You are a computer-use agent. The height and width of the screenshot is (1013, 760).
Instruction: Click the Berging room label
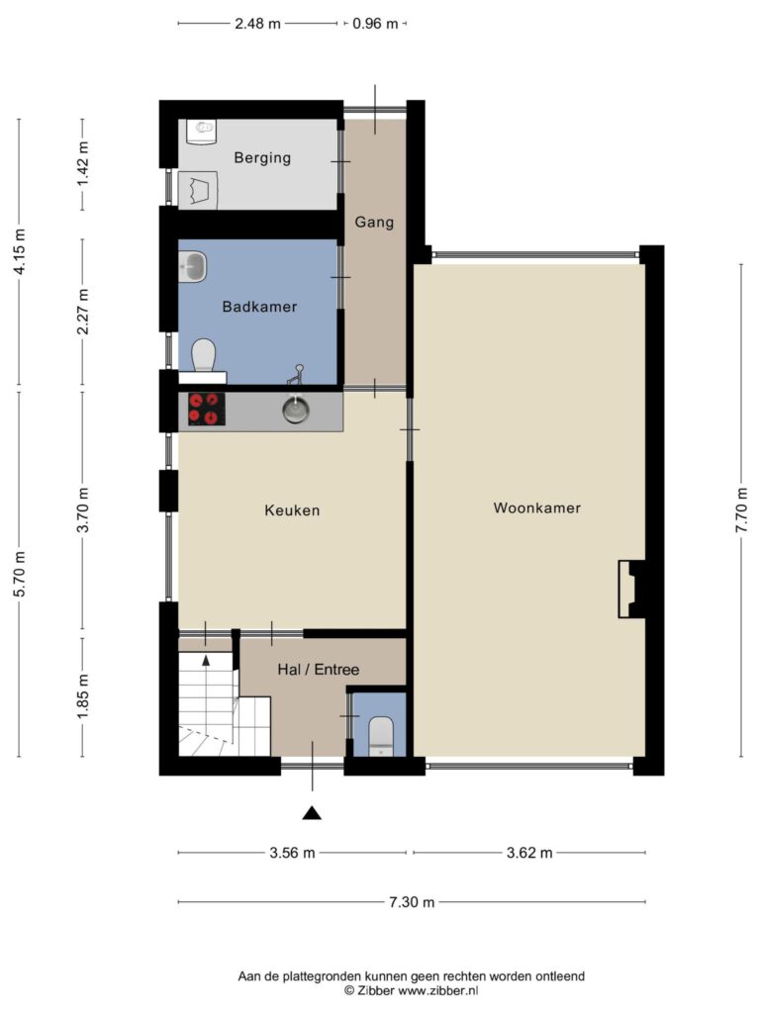tap(262, 157)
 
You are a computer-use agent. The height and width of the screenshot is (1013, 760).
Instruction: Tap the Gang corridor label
tap(374, 223)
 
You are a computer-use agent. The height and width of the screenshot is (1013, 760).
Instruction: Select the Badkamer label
tap(260, 307)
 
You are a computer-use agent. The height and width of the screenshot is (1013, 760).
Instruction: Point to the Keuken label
tap(292, 510)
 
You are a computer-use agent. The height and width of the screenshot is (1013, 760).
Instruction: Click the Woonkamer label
tap(537, 507)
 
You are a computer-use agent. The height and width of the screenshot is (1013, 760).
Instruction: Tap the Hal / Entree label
tap(318, 670)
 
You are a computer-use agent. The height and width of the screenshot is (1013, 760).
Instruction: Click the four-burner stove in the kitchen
tap(207, 409)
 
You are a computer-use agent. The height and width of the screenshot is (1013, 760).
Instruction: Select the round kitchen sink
tap(295, 410)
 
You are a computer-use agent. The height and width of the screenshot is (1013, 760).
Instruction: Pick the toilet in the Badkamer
tap(203, 356)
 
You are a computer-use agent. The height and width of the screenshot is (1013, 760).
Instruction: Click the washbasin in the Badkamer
tap(193, 267)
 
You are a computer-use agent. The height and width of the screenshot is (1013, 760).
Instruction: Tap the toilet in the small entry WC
tap(381, 735)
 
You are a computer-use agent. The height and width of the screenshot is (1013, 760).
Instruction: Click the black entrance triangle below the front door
tap(312, 813)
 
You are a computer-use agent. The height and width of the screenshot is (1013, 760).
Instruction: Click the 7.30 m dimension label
tap(412, 902)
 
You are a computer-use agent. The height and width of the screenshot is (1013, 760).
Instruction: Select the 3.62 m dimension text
tap(529, 853)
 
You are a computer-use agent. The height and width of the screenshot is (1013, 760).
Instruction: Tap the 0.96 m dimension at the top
tap(375, 24)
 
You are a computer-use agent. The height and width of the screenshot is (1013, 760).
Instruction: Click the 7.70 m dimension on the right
tap(741, 509)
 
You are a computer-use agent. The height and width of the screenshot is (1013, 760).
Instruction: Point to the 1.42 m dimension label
tap(83, 163)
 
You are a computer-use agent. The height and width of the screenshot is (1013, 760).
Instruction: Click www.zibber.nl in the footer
tap(438, 990)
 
